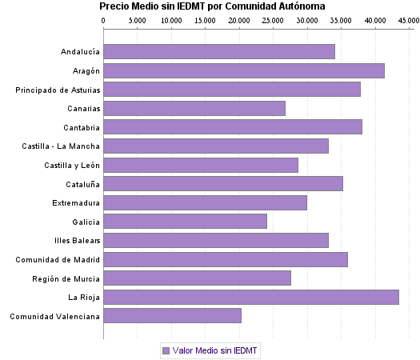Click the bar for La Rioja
coord(251,297)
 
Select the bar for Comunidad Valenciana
coord(172,316)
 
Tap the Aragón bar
coord(244,70)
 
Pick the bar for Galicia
coord(185,221)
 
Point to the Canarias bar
coord(194,108)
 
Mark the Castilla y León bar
coord(201,165)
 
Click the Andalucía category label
coord(80,52)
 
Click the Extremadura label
coord(76,202)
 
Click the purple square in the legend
coord(166,350)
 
